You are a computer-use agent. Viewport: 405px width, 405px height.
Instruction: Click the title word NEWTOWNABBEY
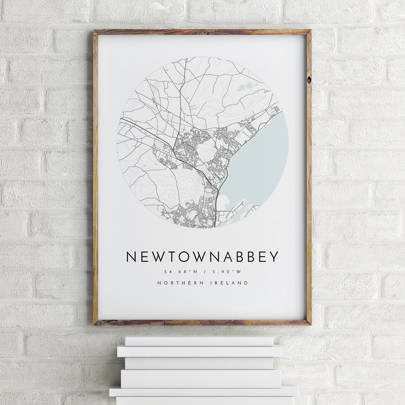click(x=202, y=257)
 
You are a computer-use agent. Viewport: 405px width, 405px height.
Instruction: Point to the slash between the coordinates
click(x=203, y=271)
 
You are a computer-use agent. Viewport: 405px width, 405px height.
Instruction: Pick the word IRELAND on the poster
click(x=231, y=283)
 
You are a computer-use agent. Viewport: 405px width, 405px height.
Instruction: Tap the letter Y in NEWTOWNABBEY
click(x=274, y=257)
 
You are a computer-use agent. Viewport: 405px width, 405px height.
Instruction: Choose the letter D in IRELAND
click(x=246, y=283)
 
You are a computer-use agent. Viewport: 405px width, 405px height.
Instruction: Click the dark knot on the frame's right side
click(x=309, y=80)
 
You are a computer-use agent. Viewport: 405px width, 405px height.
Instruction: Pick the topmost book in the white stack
click(x=199, y=341)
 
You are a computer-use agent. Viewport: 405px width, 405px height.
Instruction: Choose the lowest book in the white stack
click(x=204, y=400)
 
